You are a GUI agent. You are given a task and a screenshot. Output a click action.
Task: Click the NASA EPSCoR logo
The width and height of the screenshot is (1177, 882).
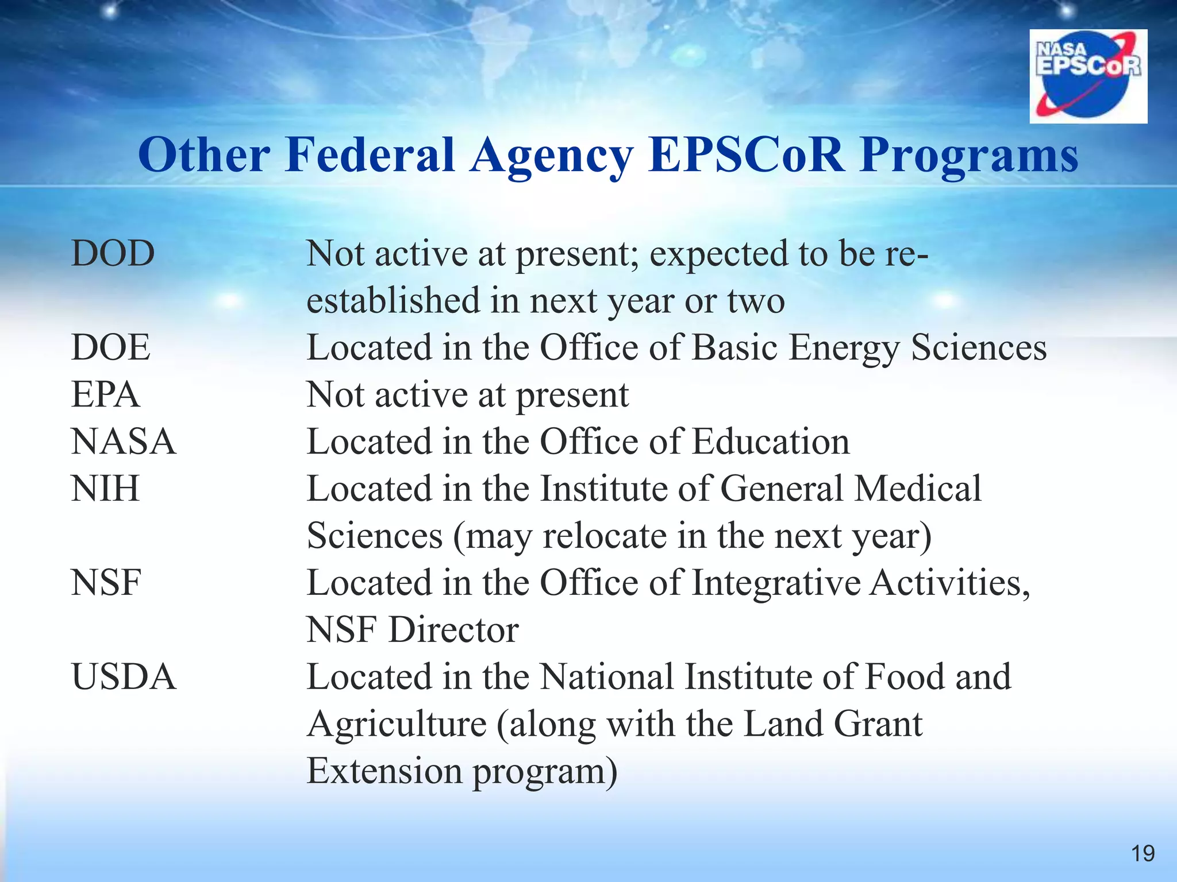coord(1088,76)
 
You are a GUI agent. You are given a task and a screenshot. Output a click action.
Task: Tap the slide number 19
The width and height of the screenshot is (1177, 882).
coord(1143,853)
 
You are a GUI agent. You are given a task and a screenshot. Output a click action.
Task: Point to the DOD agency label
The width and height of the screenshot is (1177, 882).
coord(113,253)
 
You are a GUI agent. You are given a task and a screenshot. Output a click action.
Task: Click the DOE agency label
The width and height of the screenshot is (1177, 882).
coord(111,347)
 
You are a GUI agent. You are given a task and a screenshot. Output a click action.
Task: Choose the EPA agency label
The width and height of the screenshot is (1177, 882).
coord(105,394)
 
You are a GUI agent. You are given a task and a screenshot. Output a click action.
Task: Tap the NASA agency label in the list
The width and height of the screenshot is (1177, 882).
coord(124,442)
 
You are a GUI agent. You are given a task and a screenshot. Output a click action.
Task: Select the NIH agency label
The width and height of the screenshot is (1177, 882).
coord(105,489)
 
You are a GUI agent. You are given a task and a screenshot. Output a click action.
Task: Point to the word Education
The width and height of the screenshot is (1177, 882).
coord(771,442)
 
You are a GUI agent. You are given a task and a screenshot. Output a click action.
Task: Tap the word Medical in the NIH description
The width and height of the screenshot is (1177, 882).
coord(918,489)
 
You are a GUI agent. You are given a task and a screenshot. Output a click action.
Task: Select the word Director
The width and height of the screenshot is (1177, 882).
coord(453,630)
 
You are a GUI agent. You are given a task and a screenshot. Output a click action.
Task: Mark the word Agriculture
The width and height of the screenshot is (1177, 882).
coord(397,725)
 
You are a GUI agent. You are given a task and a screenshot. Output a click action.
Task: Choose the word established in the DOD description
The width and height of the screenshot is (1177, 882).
coord(393,300)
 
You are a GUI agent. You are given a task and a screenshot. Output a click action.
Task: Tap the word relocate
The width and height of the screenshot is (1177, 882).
coord(605,536)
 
